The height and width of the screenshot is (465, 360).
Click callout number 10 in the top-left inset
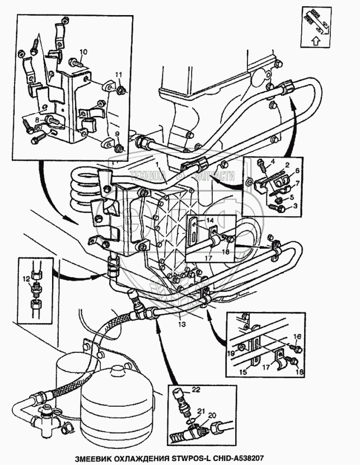tap(83, 52)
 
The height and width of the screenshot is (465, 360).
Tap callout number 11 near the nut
tap(118, 75)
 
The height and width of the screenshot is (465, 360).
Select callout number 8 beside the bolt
tap(37, 119)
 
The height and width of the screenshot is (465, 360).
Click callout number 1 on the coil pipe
tap(159, 165)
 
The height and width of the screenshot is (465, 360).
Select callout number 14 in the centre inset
tap(212, 221)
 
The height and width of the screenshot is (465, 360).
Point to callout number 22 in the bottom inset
tap(195, 389)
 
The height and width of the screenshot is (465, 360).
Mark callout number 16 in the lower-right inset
tap(297, 336)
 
